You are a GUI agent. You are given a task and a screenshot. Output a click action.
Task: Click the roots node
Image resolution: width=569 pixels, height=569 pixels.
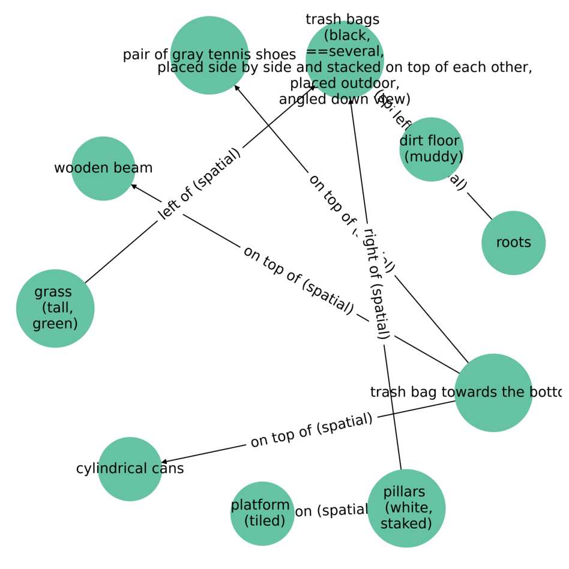513,242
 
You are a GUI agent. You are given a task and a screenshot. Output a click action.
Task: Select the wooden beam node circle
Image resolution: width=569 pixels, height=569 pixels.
103,168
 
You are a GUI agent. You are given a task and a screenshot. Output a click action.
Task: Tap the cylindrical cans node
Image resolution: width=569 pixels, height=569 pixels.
130,469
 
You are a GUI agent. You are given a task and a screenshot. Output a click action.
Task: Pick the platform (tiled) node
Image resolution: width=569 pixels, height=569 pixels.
262,513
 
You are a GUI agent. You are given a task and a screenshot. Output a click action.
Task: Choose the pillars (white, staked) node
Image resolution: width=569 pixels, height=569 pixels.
406,508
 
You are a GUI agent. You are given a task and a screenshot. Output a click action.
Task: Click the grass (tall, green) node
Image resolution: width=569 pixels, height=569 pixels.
55,308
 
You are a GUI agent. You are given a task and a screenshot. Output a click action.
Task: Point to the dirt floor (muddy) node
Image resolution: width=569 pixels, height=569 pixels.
431,149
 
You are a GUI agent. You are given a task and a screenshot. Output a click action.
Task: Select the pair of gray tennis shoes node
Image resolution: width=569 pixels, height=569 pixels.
209,55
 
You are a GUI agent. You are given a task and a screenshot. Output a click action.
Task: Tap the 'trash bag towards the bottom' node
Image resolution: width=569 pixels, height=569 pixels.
493,393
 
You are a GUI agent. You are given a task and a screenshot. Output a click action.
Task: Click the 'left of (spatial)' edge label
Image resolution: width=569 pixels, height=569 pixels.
199,182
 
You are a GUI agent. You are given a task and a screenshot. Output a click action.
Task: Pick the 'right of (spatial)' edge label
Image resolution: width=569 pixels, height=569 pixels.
377,284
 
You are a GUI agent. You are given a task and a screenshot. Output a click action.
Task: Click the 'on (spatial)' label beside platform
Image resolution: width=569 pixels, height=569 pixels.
331,511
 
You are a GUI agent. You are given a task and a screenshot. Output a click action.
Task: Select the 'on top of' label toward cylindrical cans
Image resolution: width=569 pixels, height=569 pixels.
312,430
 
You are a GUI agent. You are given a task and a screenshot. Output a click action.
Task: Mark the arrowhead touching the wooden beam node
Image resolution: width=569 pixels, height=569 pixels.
134,185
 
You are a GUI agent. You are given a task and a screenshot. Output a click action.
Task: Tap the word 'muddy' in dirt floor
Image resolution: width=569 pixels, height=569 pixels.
434,157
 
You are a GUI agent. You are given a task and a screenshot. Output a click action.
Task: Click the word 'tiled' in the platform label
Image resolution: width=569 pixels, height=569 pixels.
265,520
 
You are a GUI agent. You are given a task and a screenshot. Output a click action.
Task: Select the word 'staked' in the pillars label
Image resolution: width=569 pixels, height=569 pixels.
406,523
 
